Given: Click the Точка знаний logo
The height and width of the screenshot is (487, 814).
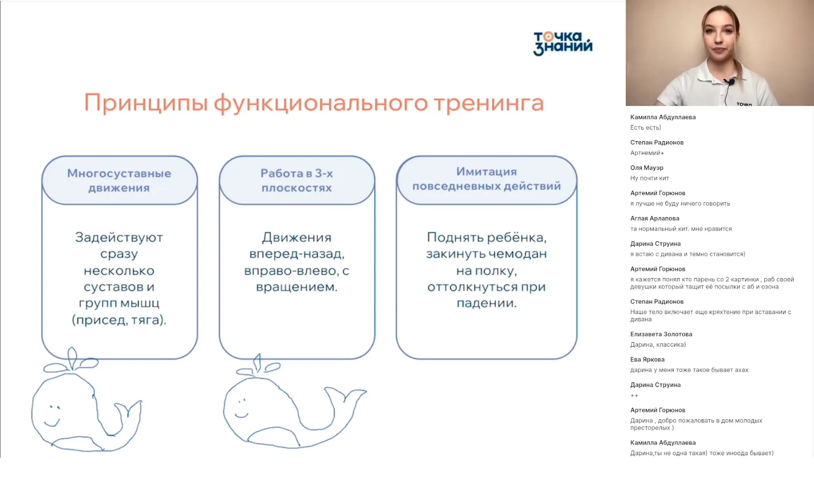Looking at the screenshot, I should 563,43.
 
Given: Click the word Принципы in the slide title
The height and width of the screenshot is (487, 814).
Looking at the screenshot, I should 146,103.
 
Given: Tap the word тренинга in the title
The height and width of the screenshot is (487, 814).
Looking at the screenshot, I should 488,103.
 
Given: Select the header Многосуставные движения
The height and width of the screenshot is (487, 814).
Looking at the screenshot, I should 119,181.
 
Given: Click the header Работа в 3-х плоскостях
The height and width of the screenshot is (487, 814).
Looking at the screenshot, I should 297,181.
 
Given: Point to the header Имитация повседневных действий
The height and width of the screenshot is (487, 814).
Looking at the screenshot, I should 486,179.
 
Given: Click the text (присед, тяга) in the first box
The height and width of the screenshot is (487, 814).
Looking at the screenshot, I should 119,320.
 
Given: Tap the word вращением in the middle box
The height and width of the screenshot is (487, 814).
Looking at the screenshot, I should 296,287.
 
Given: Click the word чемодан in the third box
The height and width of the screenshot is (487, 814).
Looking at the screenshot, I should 518,254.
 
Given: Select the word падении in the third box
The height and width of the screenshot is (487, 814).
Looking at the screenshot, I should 486,303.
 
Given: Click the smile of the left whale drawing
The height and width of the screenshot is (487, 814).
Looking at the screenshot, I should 52,423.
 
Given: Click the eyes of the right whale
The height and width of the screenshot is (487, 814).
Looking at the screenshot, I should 242,400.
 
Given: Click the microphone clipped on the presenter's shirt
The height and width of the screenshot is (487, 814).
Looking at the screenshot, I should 730,81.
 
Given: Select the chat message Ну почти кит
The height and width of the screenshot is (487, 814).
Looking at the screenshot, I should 649,178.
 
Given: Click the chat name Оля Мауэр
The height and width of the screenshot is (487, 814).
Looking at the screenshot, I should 647,168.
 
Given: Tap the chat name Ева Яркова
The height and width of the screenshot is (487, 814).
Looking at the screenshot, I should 647,359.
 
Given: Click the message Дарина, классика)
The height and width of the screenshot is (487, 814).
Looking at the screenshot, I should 658,345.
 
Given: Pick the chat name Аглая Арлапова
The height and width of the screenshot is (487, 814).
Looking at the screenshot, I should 655,218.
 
